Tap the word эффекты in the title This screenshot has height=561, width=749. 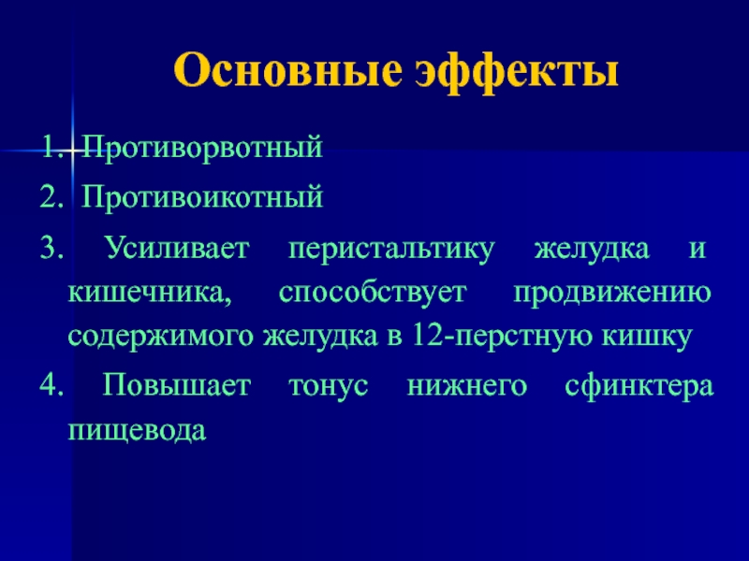517,72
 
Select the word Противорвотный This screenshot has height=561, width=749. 202,148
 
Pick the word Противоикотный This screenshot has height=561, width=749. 202,196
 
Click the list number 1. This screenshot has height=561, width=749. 51,148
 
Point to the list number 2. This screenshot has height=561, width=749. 51,197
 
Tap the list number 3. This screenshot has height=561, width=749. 51,249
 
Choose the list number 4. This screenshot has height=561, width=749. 51,386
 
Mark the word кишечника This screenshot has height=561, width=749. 150,294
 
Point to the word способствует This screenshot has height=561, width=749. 373,294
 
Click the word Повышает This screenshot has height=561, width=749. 177,385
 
